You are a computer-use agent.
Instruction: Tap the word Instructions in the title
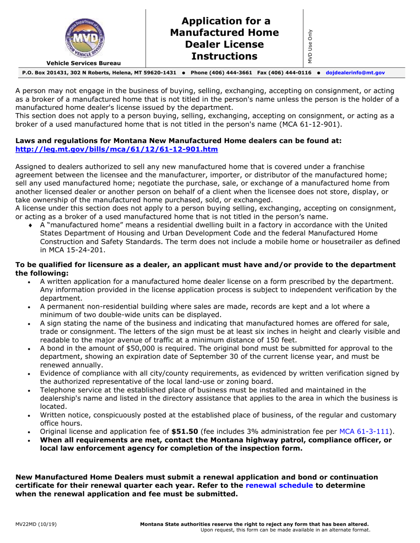coord(224,56)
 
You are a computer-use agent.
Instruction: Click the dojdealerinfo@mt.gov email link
coord(355,72)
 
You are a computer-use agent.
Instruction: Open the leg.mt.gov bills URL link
coord(117,150)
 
